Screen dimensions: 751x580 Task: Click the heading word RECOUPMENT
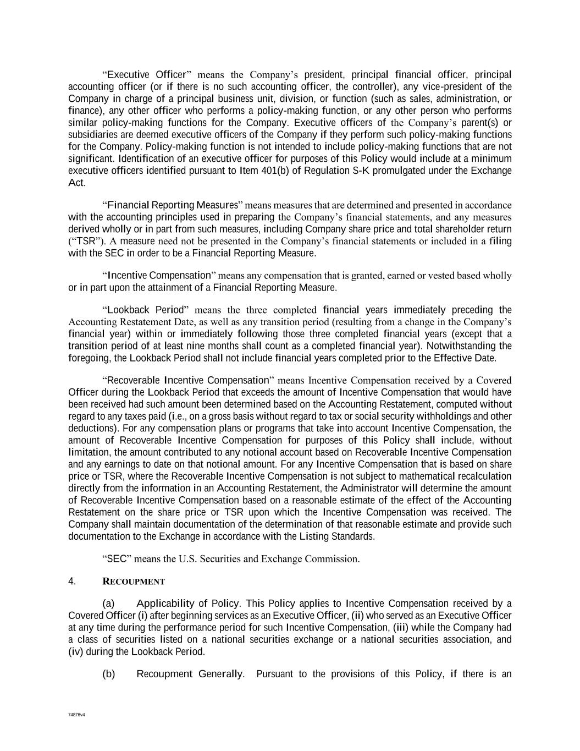(134, 582)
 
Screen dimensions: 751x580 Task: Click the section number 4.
(72, 581)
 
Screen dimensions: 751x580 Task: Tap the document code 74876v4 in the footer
(76, 715)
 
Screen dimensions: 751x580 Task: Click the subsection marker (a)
(108, 604)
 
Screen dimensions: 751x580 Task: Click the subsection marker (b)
(108, 674)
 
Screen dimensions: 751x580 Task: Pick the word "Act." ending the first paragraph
(77, 183)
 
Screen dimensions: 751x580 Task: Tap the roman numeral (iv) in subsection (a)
(75, 652)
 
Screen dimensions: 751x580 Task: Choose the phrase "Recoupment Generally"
(190, 674)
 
